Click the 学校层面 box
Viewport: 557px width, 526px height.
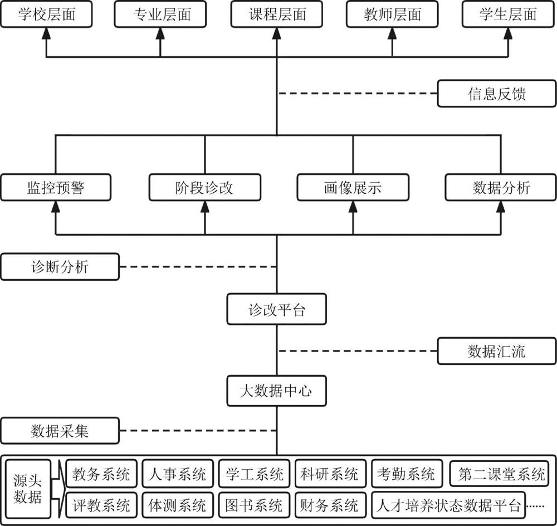[46, 14]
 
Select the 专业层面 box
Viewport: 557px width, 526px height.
[160, 14]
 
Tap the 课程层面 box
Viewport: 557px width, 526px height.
[277, 14]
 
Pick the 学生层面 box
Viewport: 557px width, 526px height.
[509, 14]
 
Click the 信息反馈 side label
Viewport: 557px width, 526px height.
[496, 94]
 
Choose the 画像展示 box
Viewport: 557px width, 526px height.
[353, 188]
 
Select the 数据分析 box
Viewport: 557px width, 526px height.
[501, 188]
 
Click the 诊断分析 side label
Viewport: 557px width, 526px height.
[60, 267]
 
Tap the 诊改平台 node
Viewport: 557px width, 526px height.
[277, 310]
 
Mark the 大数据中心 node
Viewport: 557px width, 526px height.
[277, 391]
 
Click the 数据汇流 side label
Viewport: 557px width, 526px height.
[496, 351]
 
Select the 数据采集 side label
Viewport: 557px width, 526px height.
[60, 431]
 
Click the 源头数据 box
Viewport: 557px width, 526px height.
[28, 489]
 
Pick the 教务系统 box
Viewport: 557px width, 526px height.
[101, 474]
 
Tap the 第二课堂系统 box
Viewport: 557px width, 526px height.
[501, 474]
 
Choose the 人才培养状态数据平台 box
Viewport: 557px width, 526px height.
[448, 505]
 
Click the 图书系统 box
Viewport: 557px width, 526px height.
[254, 505]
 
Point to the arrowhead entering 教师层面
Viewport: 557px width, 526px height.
[392, 33]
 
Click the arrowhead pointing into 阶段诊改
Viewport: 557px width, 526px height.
[205, 207]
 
